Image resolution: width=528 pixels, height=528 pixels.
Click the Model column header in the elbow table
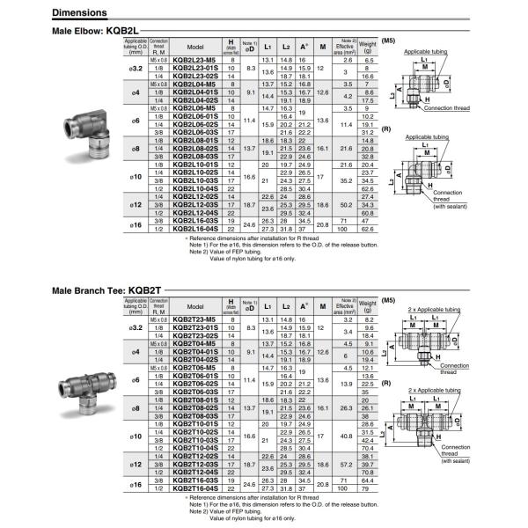[x=195, y=45]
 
